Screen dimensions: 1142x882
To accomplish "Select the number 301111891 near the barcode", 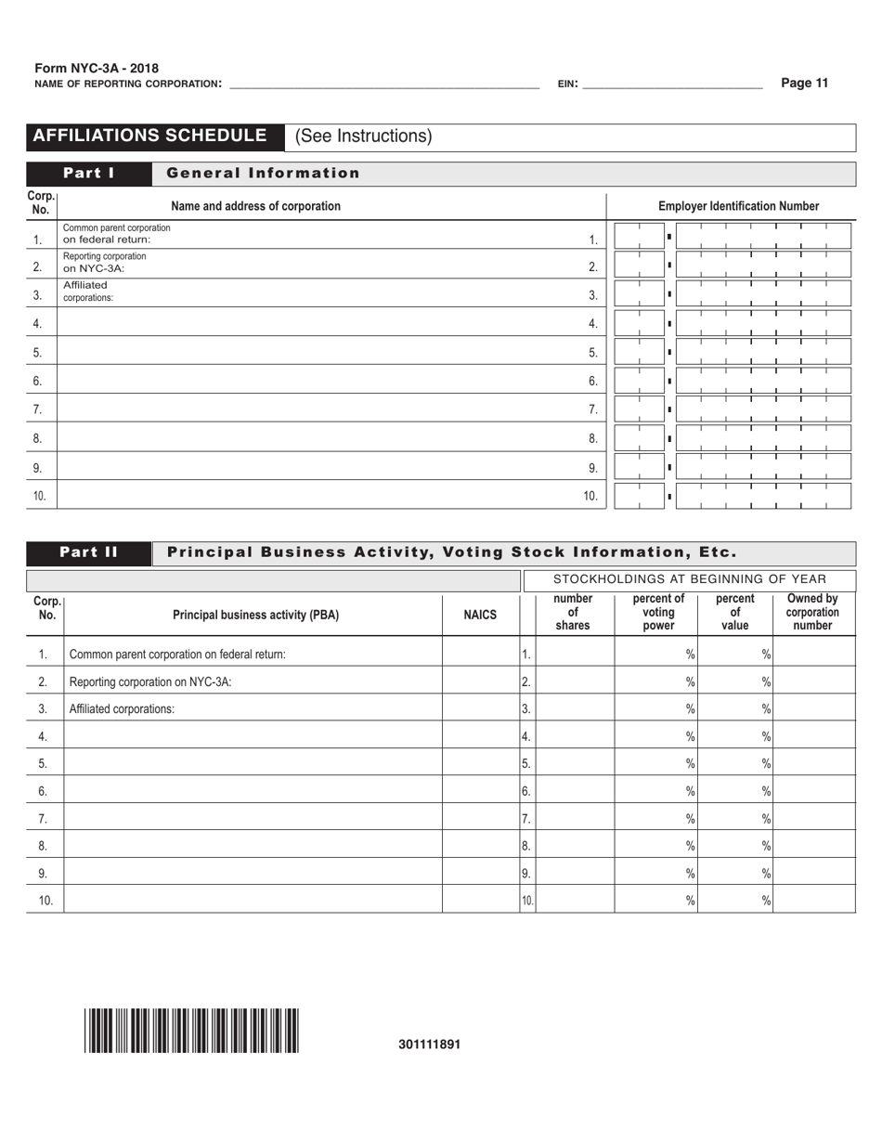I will pyautogui.click(x=429, y=1044).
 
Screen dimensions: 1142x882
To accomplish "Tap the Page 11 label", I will pyautogui.click(x=804, y=83).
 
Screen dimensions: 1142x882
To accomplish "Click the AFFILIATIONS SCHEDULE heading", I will pyautogui.click(x=149, y=136).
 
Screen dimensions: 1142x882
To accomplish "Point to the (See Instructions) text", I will pyautogui.click(x=363, y=136).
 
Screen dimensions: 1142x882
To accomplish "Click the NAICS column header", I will pyautogui.click(x=480, y=614).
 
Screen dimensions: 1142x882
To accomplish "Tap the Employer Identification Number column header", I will pyautogui.click(x=738, y=206).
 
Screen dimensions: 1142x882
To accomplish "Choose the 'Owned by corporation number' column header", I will pyautogui.click(x=812, y=613).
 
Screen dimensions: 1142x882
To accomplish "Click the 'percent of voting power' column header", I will pyautogui.click(x=658, y=613).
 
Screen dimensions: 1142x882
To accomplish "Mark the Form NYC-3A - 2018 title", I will pyautogui.click(x=97, y=69).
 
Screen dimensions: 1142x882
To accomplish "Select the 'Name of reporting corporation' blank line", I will pyautogui.click(x=383, y=84).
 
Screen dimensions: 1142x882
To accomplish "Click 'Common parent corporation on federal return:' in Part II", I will pyautogui.click(x=177, y=655).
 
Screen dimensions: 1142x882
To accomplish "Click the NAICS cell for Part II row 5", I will pyautogui.click(x=480, y=763).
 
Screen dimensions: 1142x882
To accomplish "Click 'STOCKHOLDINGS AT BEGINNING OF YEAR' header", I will pyautogui.click(x=689, y=579).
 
